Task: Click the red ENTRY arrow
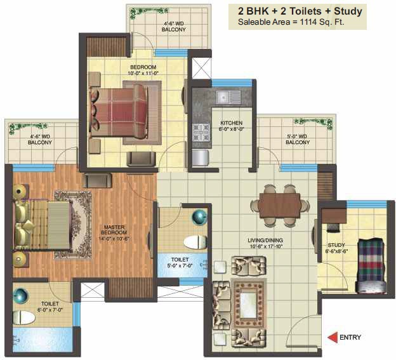333,338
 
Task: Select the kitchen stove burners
201,132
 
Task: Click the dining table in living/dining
280,205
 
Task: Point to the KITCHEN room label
232,123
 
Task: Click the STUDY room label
336,245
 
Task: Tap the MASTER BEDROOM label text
114,230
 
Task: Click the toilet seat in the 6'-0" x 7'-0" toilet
23,317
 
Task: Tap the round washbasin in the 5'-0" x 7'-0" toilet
199,217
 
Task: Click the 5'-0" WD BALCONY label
298,139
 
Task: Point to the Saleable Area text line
291,22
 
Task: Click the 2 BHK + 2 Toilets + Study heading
300,11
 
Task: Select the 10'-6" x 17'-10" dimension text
266,246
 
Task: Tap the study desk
333,216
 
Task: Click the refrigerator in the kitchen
201,158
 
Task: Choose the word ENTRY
350,337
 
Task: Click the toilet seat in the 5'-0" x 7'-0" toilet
195,242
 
